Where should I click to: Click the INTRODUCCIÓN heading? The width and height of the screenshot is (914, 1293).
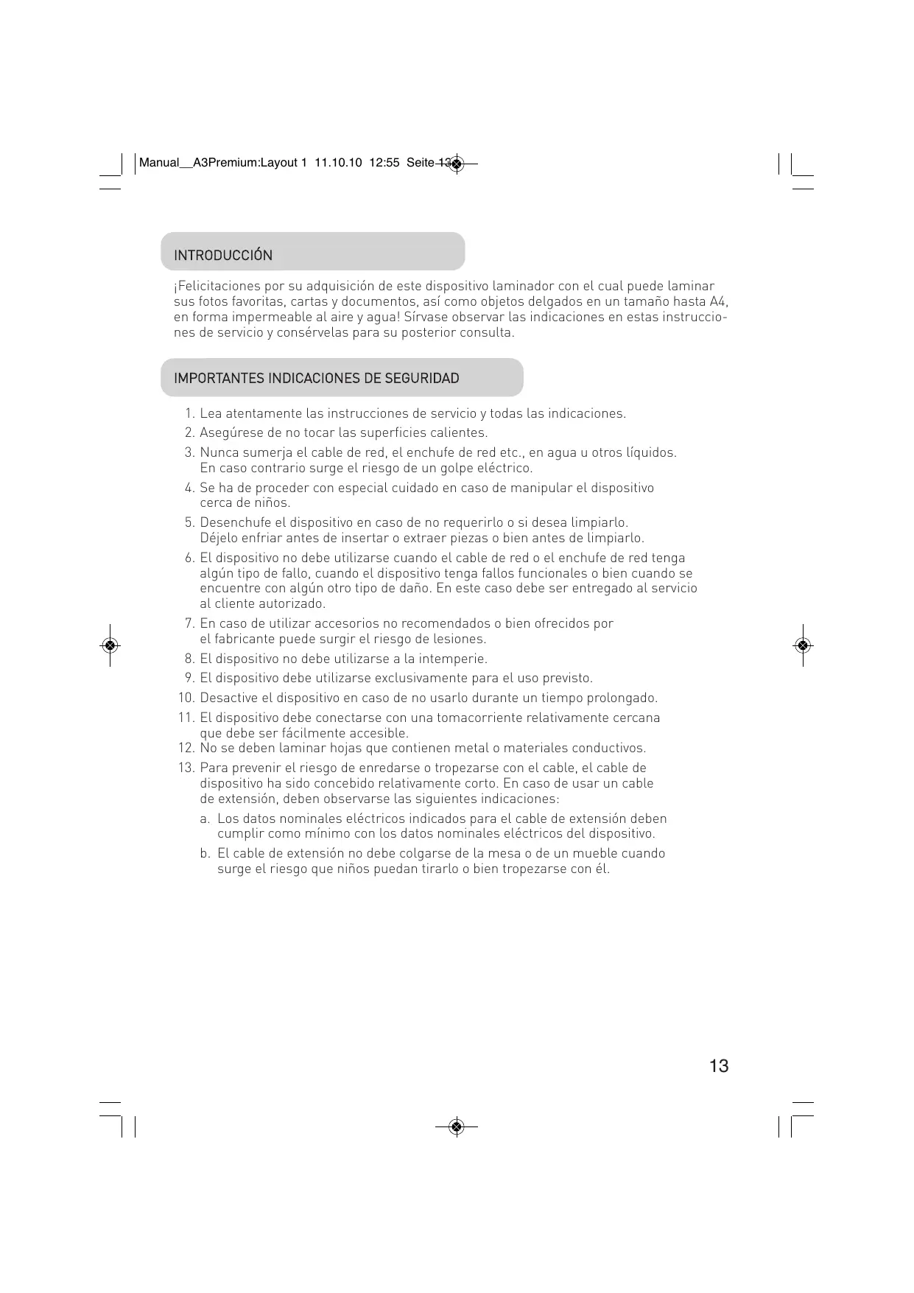click(223, 256)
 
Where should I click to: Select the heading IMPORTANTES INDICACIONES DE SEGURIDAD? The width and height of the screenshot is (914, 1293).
click(316, 379)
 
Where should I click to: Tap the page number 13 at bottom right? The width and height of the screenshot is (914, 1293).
click(719, 1066)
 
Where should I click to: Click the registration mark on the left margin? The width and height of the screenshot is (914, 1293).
click(110, 645)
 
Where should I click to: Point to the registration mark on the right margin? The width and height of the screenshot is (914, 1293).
click(803, 645)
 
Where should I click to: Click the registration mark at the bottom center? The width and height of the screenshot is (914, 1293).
click(457, 1126)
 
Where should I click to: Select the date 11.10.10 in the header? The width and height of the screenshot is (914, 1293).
click(338, 163)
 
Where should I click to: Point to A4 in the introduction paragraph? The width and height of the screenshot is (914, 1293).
click(719, 302)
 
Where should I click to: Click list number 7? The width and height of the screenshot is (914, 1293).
click(190, 624)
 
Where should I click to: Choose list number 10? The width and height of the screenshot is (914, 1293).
click(186, 698)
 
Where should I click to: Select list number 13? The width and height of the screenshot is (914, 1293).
click(186, 768)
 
